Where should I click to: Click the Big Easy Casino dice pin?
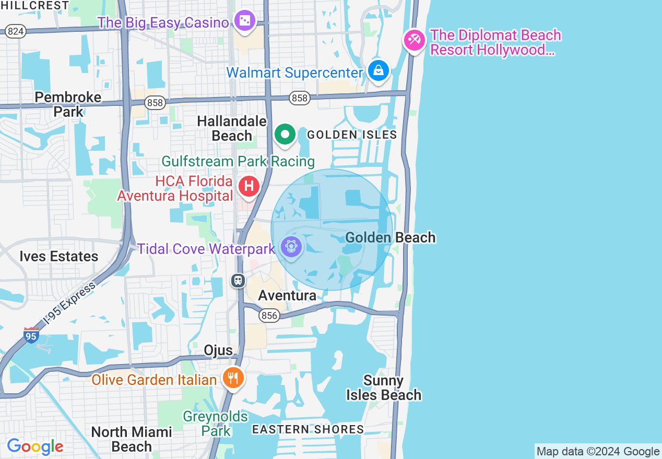pyautogui.click(x=244, y=21)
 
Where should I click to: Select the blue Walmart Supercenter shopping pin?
pyautogui.click(x=378, y=70)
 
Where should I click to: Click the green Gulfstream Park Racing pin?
pyautogui.click(x=285, y=135)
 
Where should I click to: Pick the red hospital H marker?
pyautogui.click(x=249, y=186)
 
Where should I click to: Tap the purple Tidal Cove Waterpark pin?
pyautogui.click(x=291, y=246)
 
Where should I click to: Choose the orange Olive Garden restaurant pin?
pyautogui.click(x=233, y=377)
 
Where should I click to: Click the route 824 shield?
pyautogui.click(x=16, y=32)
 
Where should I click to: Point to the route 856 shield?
pyautogui.click(x=269, y=316)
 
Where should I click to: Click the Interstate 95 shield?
pyautogui.click(x=31, y=335)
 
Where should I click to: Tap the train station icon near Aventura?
pyautogui.click(x=238, y=281)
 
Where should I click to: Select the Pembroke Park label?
pyautogui.click(x=68, y=104)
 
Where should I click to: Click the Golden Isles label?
pyautogui.click(x=352, y=135)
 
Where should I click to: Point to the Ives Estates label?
pyautogui.click(x=59, y=256)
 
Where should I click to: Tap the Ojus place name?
pyautogui.click(x=218, y=350)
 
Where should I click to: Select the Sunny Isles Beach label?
pyautogui.click(x=384, y=388)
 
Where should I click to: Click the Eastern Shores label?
pyautogui.click(x=308, y=429)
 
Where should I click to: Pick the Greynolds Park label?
pyautogui.click(x=215, y=424)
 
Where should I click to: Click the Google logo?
pyautogui.click(x=35, y=446)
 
